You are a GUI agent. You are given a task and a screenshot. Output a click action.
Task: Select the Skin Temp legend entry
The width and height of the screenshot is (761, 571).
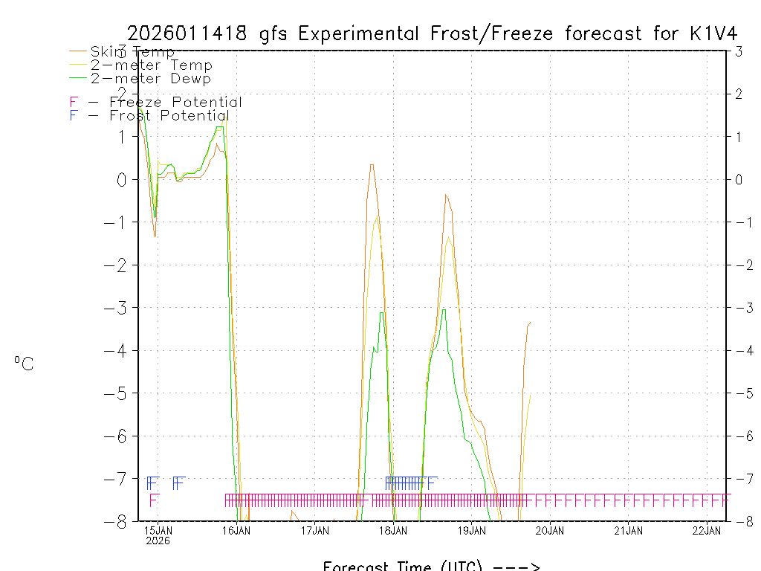tap(132, 52)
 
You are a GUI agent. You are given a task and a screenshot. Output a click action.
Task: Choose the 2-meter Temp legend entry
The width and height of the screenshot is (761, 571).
tap(151, 65)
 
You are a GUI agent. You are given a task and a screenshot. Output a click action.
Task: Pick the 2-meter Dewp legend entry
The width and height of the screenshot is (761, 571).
tap(151, 79)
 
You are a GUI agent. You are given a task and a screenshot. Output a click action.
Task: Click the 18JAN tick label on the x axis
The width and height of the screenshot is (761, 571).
tap(393, 530)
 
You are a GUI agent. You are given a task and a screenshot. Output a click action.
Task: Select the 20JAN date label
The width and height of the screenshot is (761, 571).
tap(550, 530)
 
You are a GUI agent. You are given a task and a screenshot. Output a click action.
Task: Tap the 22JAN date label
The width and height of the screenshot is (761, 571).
tap(707, 530)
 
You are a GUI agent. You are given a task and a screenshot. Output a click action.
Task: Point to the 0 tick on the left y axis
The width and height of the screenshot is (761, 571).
tap(123, 179)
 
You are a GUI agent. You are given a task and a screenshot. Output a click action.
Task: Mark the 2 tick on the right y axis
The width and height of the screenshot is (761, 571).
tap(738, 94)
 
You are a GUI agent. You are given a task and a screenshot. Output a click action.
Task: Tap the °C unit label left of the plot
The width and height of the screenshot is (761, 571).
tap(24, 364)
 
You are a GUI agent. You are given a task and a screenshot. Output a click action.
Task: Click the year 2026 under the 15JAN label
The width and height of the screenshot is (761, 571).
tap(158, 541)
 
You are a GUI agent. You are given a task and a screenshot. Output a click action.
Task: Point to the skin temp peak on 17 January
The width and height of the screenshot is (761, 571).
tap(372, 164)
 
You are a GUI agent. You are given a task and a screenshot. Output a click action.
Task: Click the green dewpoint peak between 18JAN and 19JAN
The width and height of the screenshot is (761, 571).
tap(444, 309)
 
